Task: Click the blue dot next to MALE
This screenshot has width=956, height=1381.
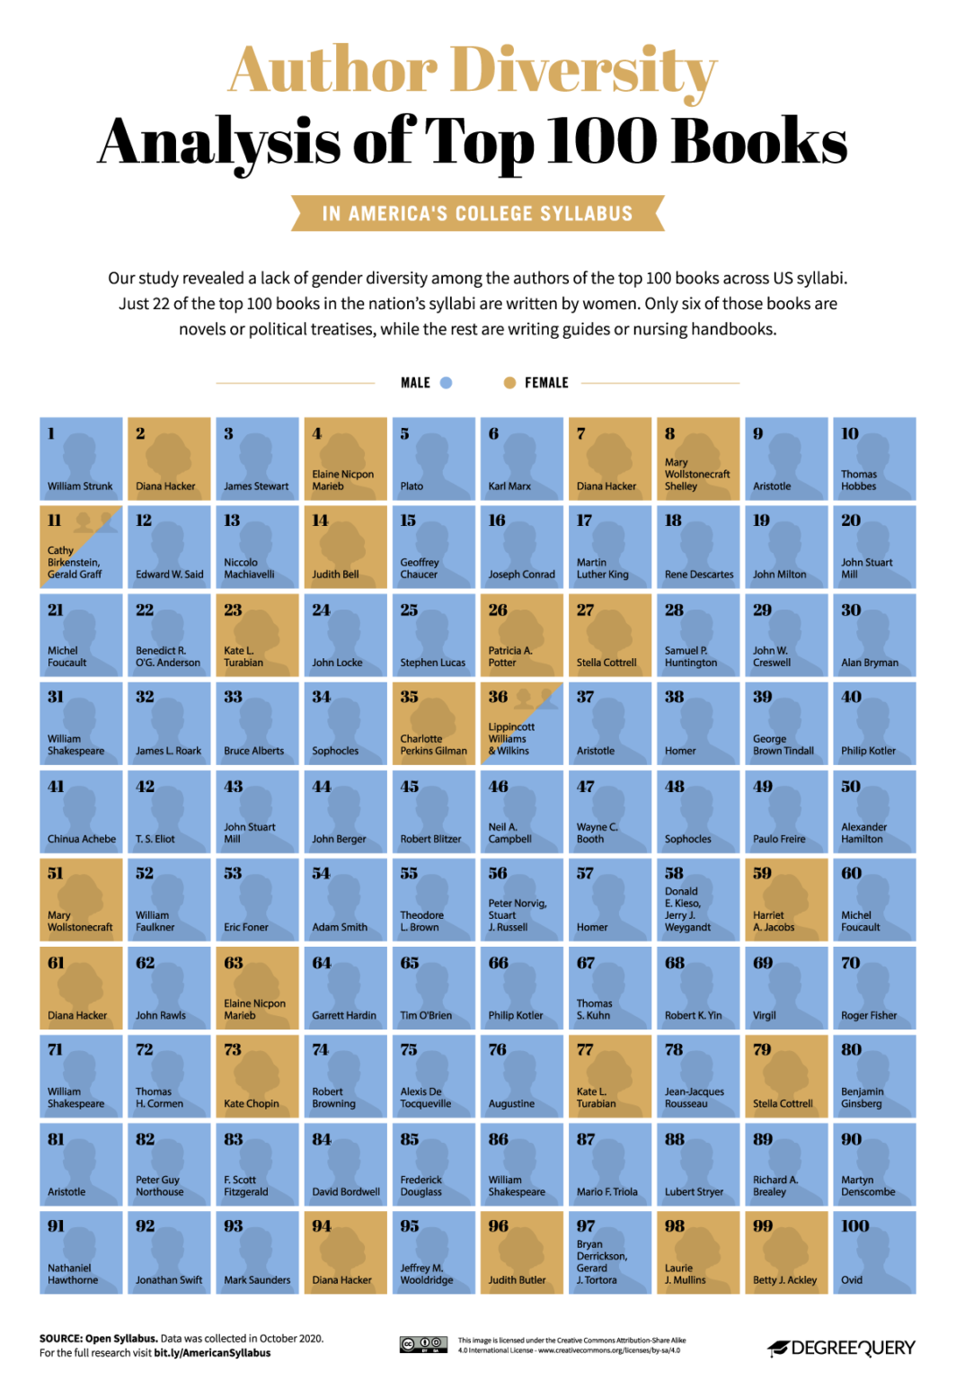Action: pyautogui.click(x=447, y=383)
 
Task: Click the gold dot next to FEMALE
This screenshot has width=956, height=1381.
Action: pyautogui.click(x=509, y=383)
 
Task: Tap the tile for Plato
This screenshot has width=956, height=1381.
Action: pyautogui.click(x=433, y=459)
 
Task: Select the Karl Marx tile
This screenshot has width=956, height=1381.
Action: pyautogui.click(x=521, y=459)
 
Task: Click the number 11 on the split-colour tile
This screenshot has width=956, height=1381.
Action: pyautogui.click(x=54, y=521)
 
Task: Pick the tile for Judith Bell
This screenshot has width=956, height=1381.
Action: pyautogui.click(x=345, y=547)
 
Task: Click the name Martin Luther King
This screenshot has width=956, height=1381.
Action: pyautogui.click(x=602, y=568)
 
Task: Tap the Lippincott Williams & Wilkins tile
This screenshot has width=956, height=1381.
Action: pyautogui.click(x=521, y=724)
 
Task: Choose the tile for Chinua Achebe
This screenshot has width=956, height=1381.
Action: pyautogui.click(x=81, y=811)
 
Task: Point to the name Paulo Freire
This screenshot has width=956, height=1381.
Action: pyautogui.click(x=778, y=839)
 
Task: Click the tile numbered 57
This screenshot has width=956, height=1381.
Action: pyautogui.click(x=609, y=899)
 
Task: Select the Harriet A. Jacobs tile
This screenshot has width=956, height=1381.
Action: pyautogui.click(x=785, y=899)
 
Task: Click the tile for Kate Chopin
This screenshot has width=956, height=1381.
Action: pyautogui.click(x=257, y=1075)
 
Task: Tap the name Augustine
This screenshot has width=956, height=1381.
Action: pyautogui.click(x=511, y=1103)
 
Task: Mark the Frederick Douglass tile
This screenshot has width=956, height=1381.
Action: pyautogui.click(x=433, y=1163)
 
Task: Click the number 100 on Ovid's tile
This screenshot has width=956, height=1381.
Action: pyautogui.click(x=854, y=1226)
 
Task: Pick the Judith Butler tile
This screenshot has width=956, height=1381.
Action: pyautogui.click(x=521, y=1252)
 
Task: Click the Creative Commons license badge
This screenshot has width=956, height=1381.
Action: pyautogui.click(x=423, y=1344)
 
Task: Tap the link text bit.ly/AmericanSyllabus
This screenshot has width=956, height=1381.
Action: pyautogui.click(x=212, y=1353)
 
